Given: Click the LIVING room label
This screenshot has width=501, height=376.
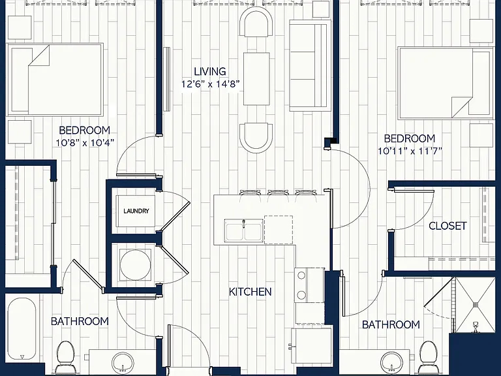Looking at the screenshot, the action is (210, 71).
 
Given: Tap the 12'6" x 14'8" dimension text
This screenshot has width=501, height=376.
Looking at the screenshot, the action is (210, 84).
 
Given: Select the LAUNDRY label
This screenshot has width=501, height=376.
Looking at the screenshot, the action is (136, 211).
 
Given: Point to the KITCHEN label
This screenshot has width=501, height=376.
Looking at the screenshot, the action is (250, 292).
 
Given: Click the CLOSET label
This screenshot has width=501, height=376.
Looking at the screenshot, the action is (448, 226).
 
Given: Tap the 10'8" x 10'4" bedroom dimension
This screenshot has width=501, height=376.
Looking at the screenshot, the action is (85, 143).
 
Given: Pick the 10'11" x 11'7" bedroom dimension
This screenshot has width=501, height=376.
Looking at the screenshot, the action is (410, 151).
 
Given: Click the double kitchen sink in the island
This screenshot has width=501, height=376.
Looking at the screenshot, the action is (244, 231).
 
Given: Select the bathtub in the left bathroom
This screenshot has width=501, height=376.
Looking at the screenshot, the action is (22, 329).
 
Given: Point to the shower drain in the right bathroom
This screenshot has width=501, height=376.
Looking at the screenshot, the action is (476, 327).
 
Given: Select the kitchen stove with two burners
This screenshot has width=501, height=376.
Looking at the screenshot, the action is (309, 285).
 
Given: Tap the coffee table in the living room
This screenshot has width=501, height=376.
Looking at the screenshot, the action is (256, 78).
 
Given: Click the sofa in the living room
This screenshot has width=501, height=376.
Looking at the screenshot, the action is (311, 65).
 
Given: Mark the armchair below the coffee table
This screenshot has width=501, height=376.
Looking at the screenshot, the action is (256, 138).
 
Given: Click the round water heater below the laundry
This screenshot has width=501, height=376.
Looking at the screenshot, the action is (136, 265).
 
